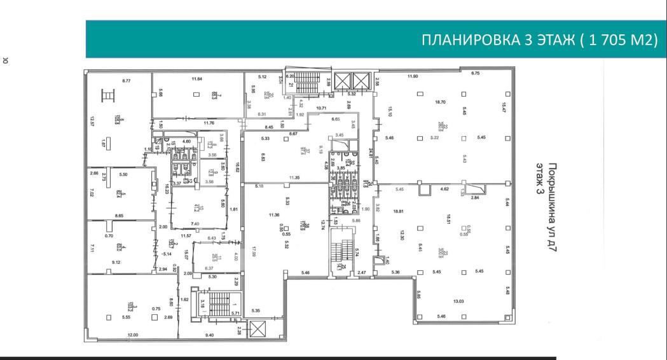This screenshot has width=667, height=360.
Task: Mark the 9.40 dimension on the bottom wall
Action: (x=209, y=335)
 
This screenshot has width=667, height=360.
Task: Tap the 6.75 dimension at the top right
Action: (x=476, y=73)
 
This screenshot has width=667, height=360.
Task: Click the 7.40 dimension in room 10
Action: (x=195, y=224)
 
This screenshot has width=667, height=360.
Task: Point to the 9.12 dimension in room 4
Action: (x=116, y=263)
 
